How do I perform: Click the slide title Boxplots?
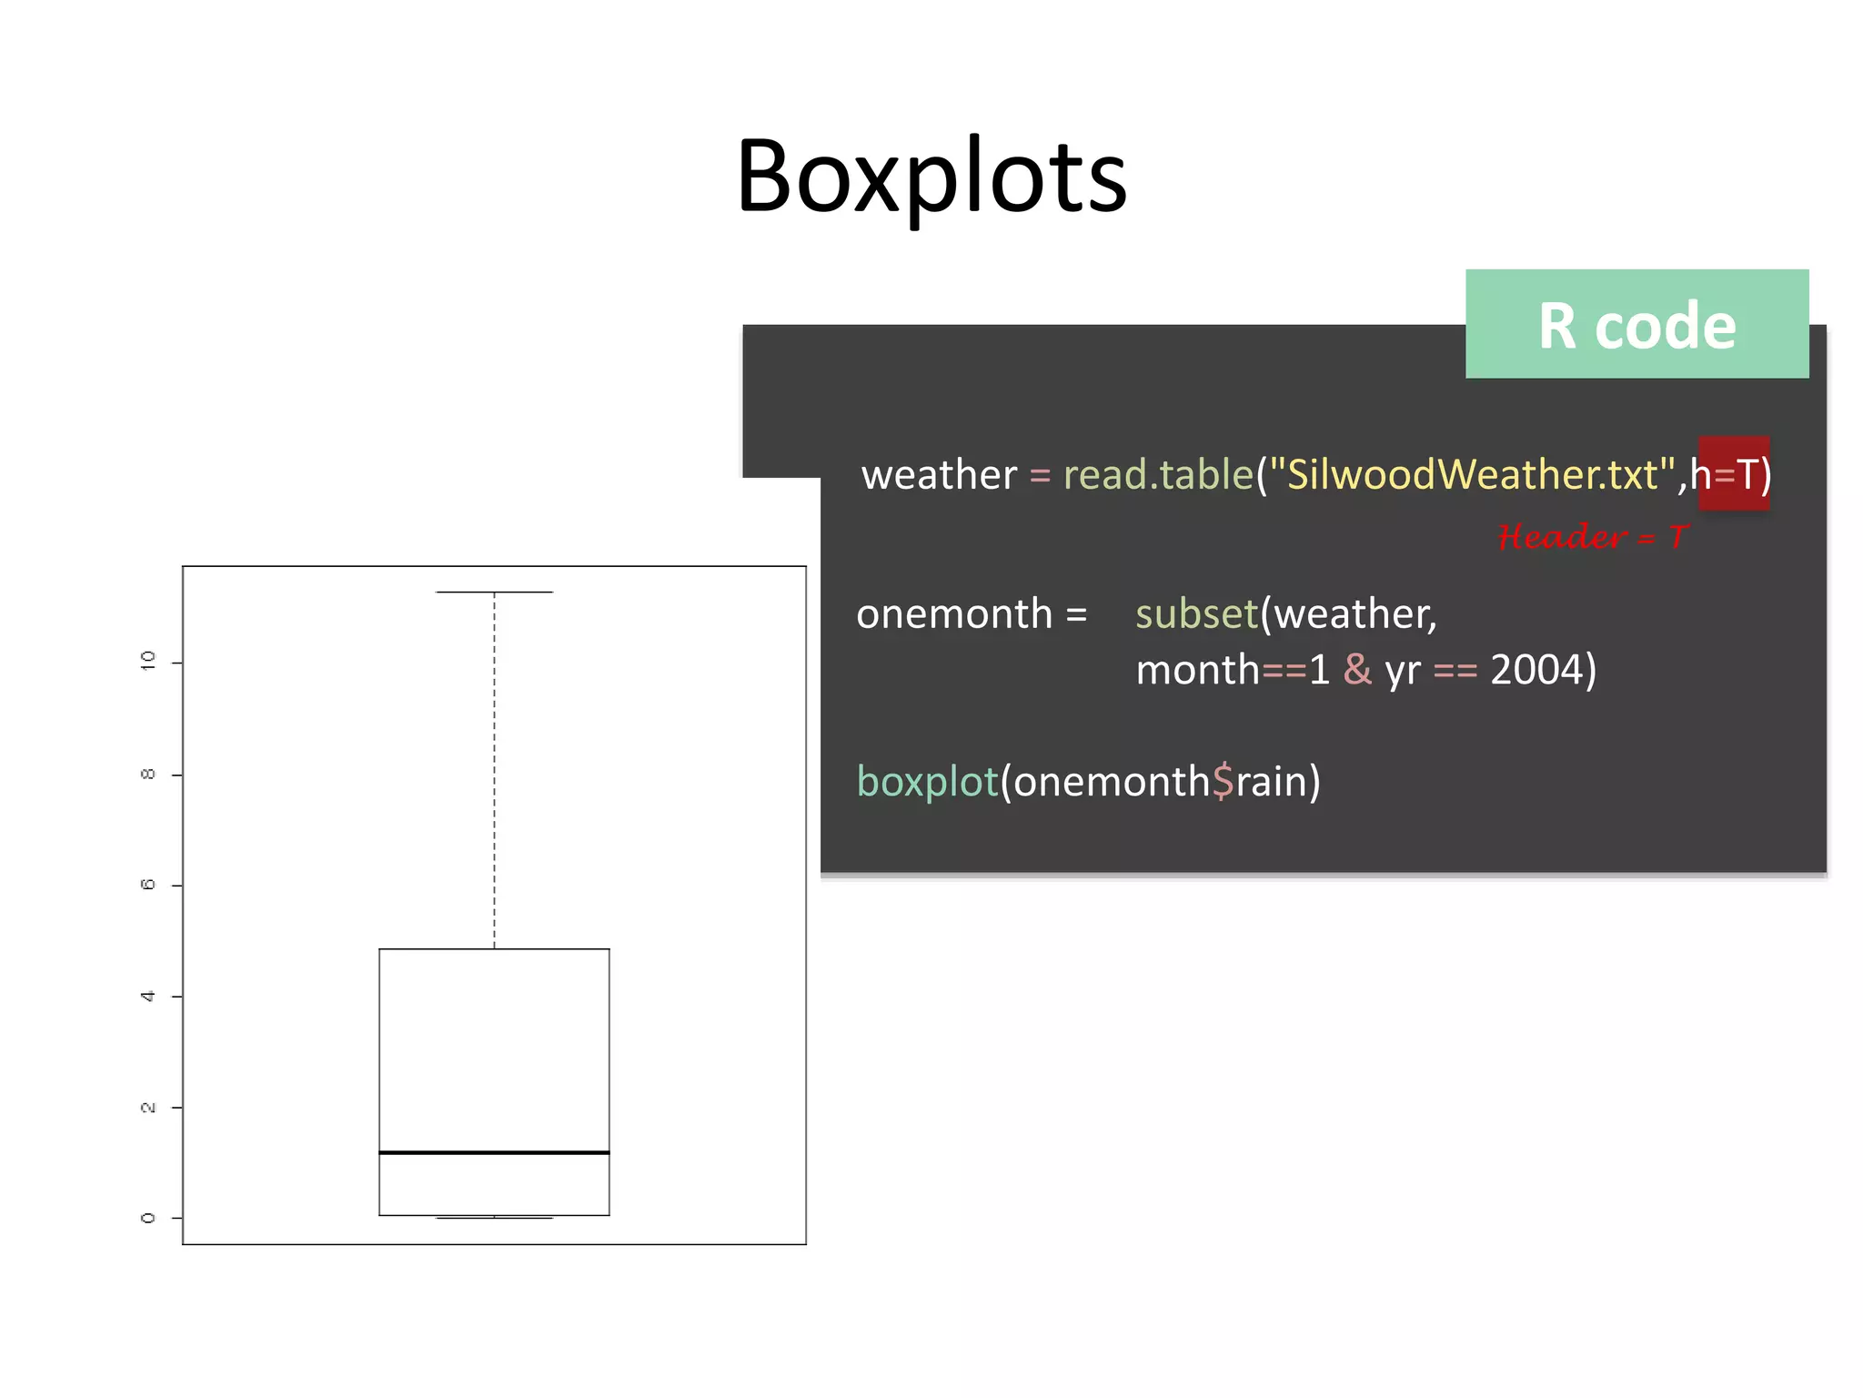pyautogui.click(x=931, y=177)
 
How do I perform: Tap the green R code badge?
pyautogui.click(x=1636, y=324)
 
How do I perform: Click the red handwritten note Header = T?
pyautogui.click(x=1592, y=537)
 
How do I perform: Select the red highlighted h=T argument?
pyautogui.click(x=1733, y=473)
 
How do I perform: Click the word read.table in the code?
pyautogui.click(x=1158, y=475)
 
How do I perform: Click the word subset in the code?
pyautogui.click(x=1196, y=614)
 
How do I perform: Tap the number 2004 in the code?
pyautogui.click(x=1536, y=671)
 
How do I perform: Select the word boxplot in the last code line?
pyautogui.click(x=927, y=782)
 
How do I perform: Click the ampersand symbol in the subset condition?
pyautogui.click(x=1357, y=671)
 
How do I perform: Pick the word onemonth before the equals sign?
pyautogui.click(x=953, y=614)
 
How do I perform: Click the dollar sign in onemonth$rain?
pyautogui.click(x=1222, y=782)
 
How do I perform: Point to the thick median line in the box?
pyautogui.click(x=494, y=1152)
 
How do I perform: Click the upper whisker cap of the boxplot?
pyautogui.click(x=494, y=593)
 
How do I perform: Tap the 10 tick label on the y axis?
pyautogui.click(x=147, y=662)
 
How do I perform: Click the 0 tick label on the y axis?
pyautogui.click(x=147, y=1218)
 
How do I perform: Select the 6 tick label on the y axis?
pyautogui.click(x=147, y=885)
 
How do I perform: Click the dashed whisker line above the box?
pyautogui.click(x=494, y=774)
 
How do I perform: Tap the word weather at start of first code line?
pyautogui.click(x=938, y=475)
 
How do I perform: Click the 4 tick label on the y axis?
pyautogui.click(x=147, y=997)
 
